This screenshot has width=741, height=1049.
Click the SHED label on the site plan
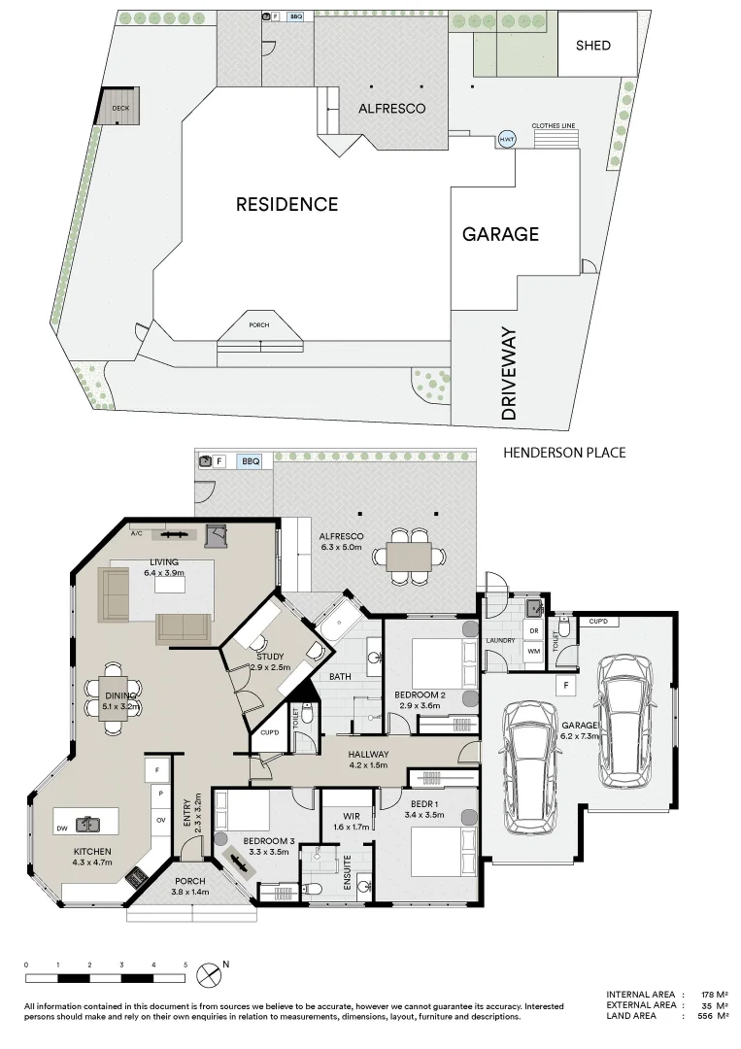tap(593, 45)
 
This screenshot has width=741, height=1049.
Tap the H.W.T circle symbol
tap(506, 140)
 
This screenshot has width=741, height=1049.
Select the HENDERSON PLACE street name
tap(564, 453)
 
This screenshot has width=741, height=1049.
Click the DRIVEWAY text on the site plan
tap(509, 374)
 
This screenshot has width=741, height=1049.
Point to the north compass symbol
tap(209, 972)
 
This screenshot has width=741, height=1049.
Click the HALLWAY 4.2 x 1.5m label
tap(368, 760)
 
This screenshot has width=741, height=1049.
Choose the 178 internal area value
tap(706, 995)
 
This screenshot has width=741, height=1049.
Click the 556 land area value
tap(706, 1016)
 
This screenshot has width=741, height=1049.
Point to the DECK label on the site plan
tap(120, 108)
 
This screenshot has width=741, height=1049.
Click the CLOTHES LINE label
tap(553, 126)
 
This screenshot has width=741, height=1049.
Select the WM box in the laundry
tap(533, 651)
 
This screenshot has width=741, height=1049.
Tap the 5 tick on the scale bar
tap(185, 964)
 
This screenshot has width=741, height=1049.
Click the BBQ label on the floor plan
tap(251, 460)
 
